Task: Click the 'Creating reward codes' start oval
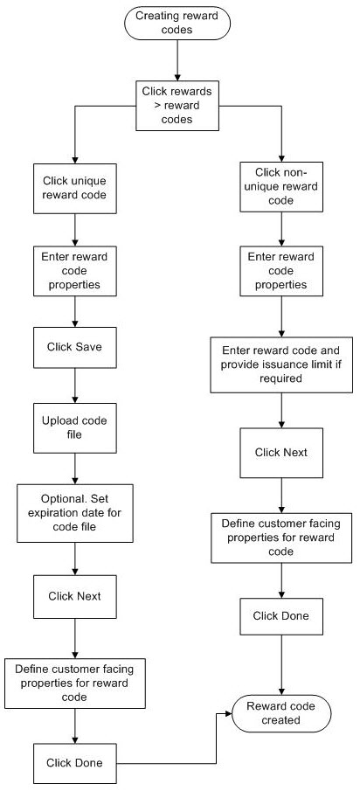pyautogui.click(x=177, y=23)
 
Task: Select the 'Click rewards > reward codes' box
pyautogui.click(x=177, y=106)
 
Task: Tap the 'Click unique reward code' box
pyautogui.click(x=74, y=188)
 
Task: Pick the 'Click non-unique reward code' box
pyautogui.click(x=280, y=186)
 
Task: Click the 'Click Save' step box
pyautogui.click(x=74, y=347)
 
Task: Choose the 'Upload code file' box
pyautogui.click(x=74, y=427)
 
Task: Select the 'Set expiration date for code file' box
pyautogui.click(x=74, y=513)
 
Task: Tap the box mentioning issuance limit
pyautogui.click(x=280, y=364)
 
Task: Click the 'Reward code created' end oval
pyautogui.click(x=280, y=713)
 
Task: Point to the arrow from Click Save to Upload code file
pyautogui.click(x=74, y=385)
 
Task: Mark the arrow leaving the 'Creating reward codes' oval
pyautogui.click(x=177, y=60)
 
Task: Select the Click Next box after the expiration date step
pyautogui.click(x=74, y=596)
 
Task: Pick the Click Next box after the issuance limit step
pyautogui.click(x=280, y=453)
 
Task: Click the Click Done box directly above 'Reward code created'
pyautogui.click(x=280, y=616)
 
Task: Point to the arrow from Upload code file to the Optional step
pyautogui.click(x=74, y=468)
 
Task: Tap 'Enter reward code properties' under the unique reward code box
pyautogui.click(x=74, y=270)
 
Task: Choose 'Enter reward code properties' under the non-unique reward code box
pyautogui.click(x=280, y=270)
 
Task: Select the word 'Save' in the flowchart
pyautogui.click(x=90, y=347)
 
